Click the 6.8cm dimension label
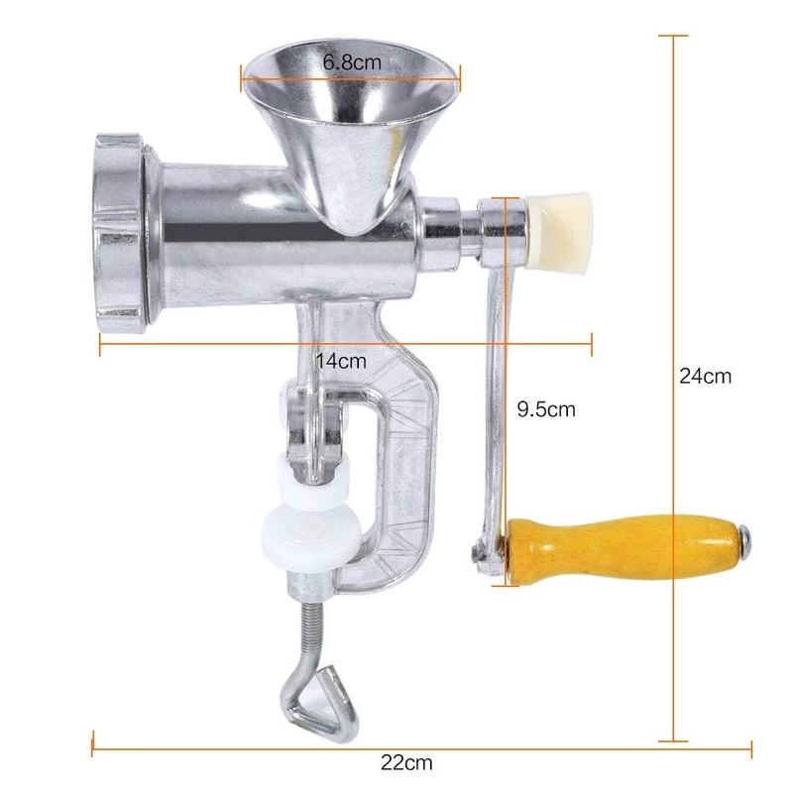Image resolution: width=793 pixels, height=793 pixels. pos(352,62)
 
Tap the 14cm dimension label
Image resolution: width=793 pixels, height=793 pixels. pos(341,361)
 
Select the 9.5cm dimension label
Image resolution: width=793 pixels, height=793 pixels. pos(546,408)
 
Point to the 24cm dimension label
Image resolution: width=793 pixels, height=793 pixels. pos(705,377)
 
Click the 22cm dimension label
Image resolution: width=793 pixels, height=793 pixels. pos(406,762)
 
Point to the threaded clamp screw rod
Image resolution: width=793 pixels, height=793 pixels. pos(310,632)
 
